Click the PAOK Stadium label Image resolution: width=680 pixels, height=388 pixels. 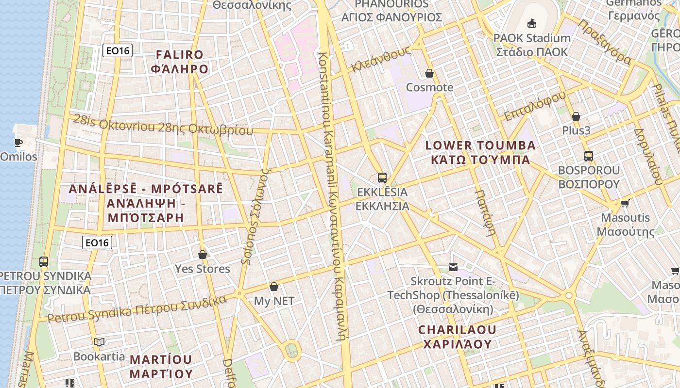tap(532, 38)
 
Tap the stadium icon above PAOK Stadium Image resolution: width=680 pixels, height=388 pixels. tap(532, 23)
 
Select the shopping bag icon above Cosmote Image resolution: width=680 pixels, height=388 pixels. tap(429, 73)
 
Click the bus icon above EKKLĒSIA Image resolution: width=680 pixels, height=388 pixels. tap(382, 178)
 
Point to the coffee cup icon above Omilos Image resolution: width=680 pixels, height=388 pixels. tap(18, 143)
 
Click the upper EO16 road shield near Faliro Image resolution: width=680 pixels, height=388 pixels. tap(117, 50)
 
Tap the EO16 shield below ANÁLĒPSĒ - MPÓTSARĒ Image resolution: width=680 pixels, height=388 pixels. tap(97, 242)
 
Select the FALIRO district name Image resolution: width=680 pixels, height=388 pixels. tap(180, 54)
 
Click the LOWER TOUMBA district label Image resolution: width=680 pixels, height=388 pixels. tap(480, 145)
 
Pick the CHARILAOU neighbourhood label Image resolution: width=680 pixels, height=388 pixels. tap(458, 330)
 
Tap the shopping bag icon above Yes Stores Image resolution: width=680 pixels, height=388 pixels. tap(203, 255)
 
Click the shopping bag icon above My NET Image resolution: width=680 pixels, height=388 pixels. tap(274, 287)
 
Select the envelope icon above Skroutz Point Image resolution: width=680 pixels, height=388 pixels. tap(453, 267)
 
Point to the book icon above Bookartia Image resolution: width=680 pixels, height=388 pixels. tap(99, 342)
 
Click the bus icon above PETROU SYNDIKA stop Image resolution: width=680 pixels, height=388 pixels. tap(44, 262)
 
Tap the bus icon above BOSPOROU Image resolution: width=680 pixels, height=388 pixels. tap(589, 156)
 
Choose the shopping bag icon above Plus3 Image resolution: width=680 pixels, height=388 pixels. tap(576, 116)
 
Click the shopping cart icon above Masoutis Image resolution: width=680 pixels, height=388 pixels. tap(625, 203)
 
